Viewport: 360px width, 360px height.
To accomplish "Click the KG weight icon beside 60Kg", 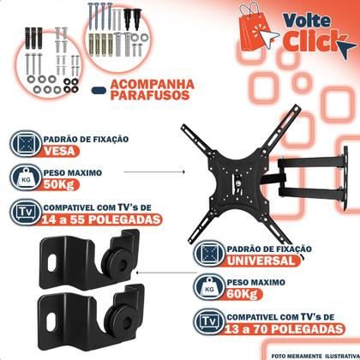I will [207, 289].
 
